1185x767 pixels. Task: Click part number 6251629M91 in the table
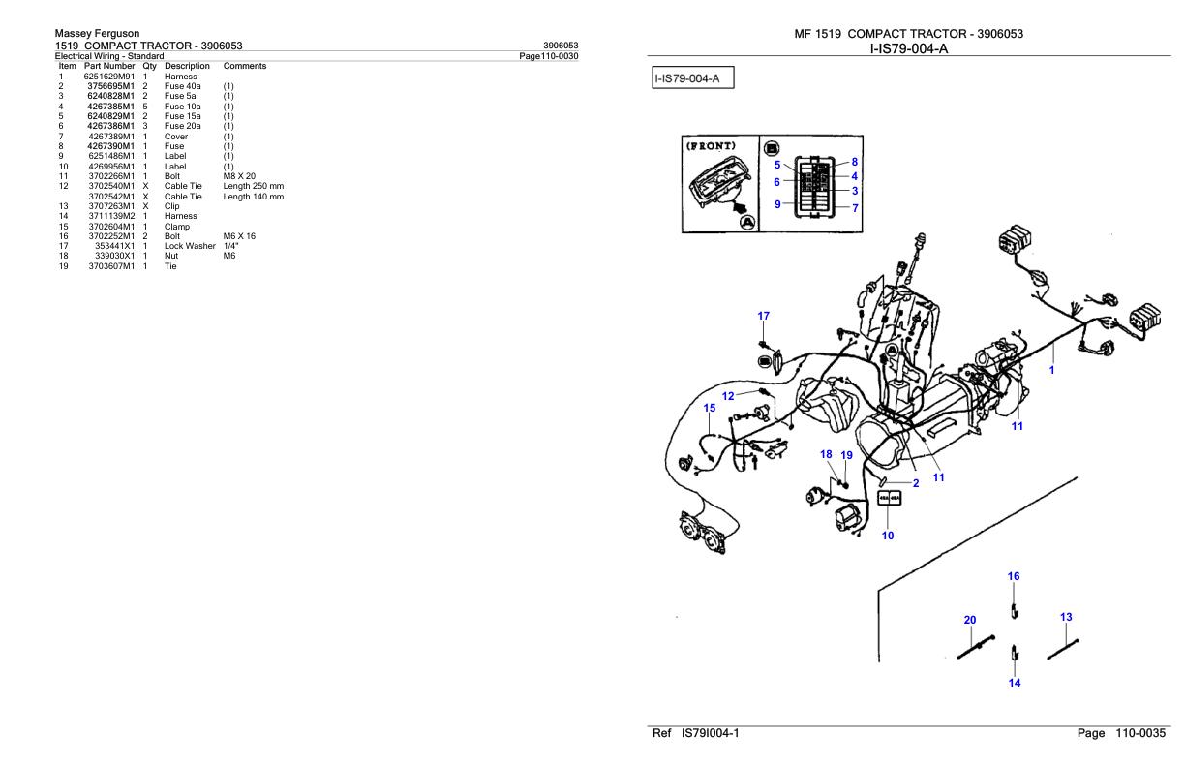click(x=109, y=76)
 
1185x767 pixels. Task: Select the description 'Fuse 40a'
click(x=182, y=86)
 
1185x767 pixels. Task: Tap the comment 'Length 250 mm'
click(x=253, y=186)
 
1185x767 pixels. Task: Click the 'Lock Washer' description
click(x=190, y=246)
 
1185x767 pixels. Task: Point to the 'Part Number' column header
click(x=109, y=66)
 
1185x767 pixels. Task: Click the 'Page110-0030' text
click(x=550, y=55)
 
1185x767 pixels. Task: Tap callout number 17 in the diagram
click(x=764, y=316)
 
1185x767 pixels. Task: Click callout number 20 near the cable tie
click(x=970, y=620)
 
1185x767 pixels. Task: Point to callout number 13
click(x=1066, y=617)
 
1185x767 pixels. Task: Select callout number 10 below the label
click(x=888, y=536)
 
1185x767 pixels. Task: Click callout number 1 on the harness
click(x=1052, y=369)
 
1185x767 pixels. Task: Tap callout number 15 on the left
click(x=710, y=408)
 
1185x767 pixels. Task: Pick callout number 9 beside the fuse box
click(x=777, y=204)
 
